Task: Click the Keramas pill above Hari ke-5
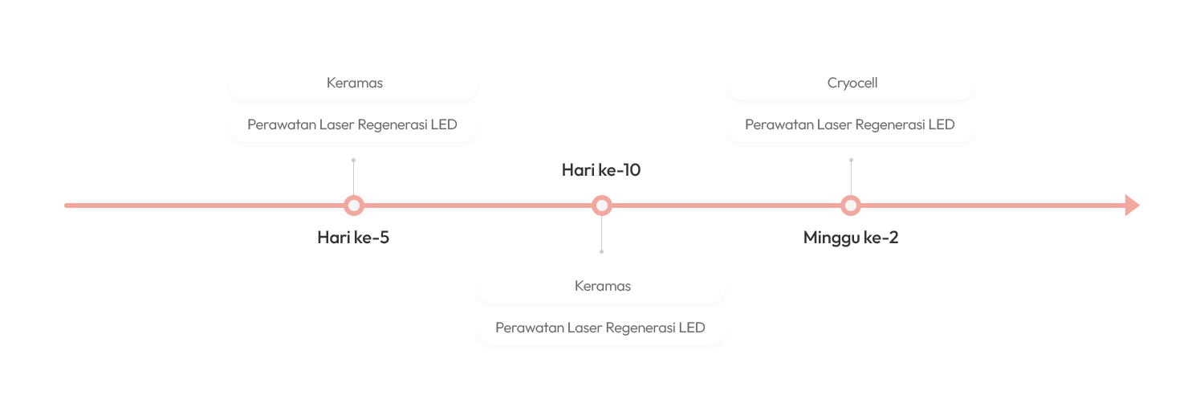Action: pyautogui.click(x=354, y=83)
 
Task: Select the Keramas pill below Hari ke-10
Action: pyautogui.click(x=602, y=286)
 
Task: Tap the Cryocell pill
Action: pyautogui.click(x=852, y=83)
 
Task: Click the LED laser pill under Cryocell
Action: pyautogui.click(x=850, y=125)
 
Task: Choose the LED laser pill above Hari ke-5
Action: pyautogui.click(x=352, y=125)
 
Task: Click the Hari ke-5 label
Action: pyautogui.click(x=353, y=238)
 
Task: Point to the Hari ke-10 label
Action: pyautogui.click(x=601, y=170)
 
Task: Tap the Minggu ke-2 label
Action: pyautogui.click(x=851, y=238)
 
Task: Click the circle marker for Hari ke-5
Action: pyautogui.click(x=353, y=206)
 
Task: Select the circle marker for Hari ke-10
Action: pyautogui.click(x=602, y=206)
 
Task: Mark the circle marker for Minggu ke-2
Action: pyautogui.click(x=851, y=206)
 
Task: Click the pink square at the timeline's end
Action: pyautogui.click(x=1132, y=206)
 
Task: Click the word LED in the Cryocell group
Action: pyautogui.click(x=941, y=125)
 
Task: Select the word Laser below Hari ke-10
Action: pyautogui.click(x=585, y=328)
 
